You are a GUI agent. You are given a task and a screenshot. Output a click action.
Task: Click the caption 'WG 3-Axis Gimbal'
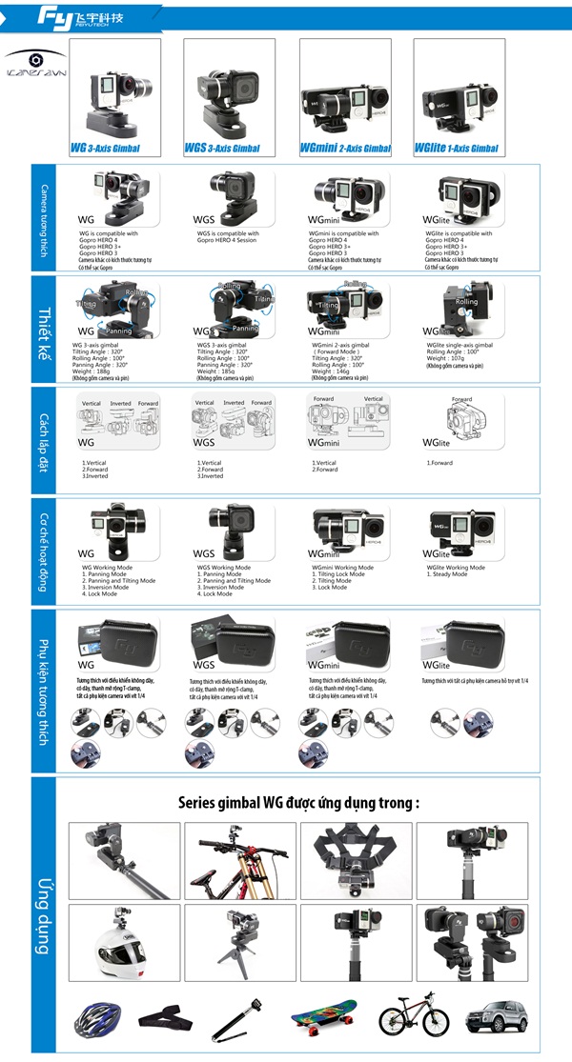[106, 149]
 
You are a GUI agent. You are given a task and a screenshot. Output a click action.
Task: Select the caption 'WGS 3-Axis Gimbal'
[222, 149]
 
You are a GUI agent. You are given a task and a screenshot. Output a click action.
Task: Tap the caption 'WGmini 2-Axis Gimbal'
[345, 149]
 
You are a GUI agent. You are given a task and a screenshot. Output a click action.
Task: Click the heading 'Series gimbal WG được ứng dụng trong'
[298, 802]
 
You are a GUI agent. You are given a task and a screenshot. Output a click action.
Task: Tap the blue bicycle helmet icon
[96, 1021]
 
